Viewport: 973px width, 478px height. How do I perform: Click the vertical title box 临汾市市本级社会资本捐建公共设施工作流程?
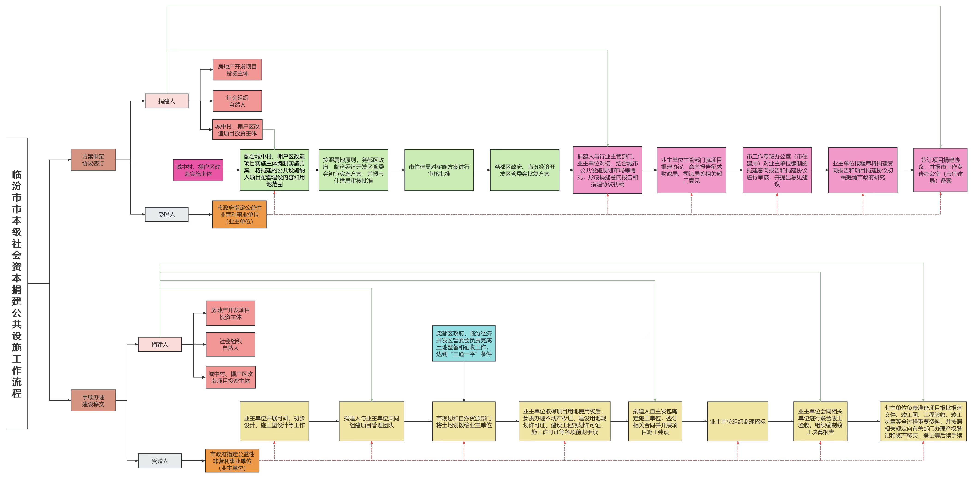pyautogui.click(x=17, y=283)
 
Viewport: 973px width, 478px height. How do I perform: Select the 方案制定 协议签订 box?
pyautogui.click(x=93, y=160)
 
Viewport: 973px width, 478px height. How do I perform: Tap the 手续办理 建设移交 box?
pyautogui.click(x=93, y=400)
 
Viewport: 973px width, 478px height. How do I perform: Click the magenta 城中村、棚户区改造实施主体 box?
pyautogui.click(x=198, y=170)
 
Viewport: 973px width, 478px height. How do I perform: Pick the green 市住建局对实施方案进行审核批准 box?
pyautogui.click(x=439, y=170)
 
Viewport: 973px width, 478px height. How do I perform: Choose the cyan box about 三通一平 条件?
pyautogui.click(x=464, y=344)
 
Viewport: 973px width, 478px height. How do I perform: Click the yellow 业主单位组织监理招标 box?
pyautogui.click(x=738, y=421)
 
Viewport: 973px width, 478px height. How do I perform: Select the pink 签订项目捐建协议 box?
pyautogui.click(x=940, y=170)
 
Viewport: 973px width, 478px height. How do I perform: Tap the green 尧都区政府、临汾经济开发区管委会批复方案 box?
pyautogui.click(x=525, y=170)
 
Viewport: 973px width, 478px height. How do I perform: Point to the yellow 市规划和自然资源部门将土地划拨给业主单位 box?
pyautogui.click(x=464, y=421)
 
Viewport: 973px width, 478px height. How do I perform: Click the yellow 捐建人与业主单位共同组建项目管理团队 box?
pyautogui.click(x=371, y=421)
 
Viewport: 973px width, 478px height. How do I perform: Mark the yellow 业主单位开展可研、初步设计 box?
pyautogui.click(x=274, y=421)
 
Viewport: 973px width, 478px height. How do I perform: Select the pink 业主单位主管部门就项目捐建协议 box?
pyautogui.click(x=691, y=170)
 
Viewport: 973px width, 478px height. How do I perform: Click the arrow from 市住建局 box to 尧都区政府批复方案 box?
pyautogui.click(x=482, y=170)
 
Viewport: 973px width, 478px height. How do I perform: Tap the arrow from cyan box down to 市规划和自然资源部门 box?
pyautogui.click(x=464, y=381)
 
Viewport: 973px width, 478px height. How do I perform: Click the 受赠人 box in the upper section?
pyautogui.click(x=167, y=214)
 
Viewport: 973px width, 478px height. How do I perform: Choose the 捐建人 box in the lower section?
pyautogui.click(x=160, y=344)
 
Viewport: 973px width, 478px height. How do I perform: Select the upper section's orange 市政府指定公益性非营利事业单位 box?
pyautogui.click(x=239, y=214)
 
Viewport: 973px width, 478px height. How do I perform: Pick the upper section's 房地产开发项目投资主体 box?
pyautogui.click(x=237, y=70)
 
